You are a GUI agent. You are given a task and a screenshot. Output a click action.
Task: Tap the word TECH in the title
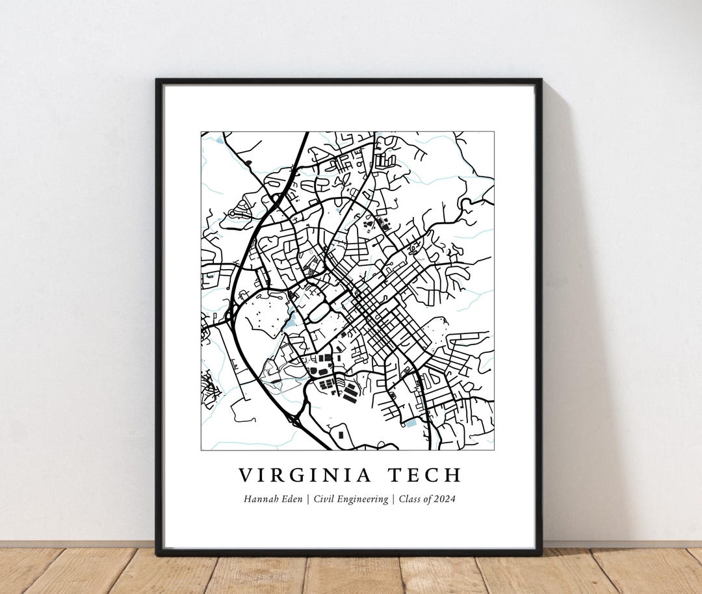[x=425, y=475]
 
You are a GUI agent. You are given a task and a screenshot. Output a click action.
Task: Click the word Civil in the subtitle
[x=328, y=499]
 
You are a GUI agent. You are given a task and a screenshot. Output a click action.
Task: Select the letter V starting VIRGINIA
[x=245, y=475]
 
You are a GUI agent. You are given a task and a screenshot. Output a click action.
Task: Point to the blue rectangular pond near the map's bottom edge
[x=410, y=423]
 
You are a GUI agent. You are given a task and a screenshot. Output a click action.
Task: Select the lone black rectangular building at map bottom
[x=340, y=434]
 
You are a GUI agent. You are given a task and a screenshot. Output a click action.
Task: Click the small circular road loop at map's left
[x=232, y=213]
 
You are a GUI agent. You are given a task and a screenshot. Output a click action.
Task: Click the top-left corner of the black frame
[x=157, y=81]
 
